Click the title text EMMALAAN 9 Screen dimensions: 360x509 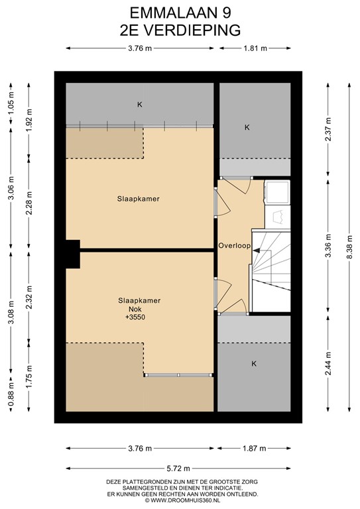180,13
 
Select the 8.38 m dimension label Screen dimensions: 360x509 349,247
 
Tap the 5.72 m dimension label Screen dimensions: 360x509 178,468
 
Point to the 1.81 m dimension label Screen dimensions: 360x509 255,48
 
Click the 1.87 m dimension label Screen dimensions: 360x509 254,448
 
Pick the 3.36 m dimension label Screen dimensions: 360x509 328,245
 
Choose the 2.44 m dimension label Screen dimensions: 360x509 328,363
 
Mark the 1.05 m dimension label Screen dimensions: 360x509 11,103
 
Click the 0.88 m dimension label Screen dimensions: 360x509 11,394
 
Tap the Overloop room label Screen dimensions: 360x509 235,245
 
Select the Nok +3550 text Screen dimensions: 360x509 135,313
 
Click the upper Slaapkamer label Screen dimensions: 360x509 139,199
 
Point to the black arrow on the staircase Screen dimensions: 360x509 256,251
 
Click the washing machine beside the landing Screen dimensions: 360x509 277,192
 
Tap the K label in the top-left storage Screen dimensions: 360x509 140,105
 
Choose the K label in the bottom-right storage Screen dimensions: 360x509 254,364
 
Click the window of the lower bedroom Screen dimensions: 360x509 178,375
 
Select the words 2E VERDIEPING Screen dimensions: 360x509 180,30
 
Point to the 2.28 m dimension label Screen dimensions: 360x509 29,203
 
